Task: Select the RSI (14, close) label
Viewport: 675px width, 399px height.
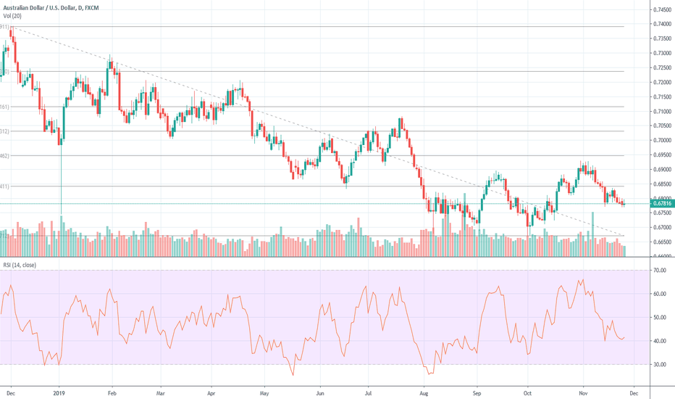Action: point(19,266)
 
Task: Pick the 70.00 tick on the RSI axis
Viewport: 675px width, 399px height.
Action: point(659,271)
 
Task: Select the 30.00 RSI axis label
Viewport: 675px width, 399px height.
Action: point(659,364)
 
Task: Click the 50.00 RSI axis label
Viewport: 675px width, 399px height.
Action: point(659,318)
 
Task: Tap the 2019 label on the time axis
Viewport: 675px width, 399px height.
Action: point(60,392)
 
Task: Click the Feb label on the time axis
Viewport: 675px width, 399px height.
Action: point(112,392)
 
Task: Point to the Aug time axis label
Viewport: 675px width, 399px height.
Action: point(424,392)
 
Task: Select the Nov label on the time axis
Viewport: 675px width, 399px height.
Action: point(583,392)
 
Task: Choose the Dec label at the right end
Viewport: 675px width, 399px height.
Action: point(634,392)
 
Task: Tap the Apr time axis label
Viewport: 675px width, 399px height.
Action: point(211,392)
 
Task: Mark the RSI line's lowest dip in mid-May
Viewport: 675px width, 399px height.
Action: point(293,375)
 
